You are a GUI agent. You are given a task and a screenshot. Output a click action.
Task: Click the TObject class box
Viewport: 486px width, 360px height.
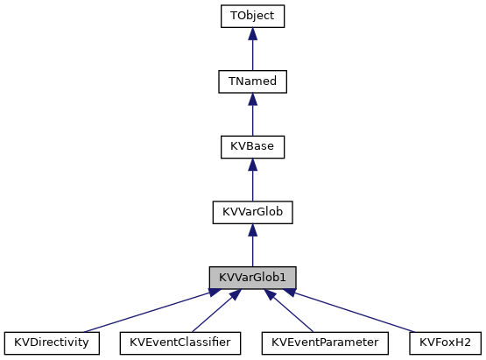coord(252,16)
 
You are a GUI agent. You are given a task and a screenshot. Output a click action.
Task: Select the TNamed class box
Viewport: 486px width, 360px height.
coord(252,81)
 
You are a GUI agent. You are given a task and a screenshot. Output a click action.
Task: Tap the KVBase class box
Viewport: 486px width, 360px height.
coord(252,146)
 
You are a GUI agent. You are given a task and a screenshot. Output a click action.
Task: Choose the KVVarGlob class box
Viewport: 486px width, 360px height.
coord(252,212)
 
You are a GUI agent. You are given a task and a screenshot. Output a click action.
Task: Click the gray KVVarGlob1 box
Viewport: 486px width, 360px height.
coord(252,277)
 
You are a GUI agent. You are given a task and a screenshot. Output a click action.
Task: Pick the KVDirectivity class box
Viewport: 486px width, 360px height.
coord(52,342)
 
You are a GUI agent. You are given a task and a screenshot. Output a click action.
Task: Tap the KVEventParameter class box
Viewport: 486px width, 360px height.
coord(325,342)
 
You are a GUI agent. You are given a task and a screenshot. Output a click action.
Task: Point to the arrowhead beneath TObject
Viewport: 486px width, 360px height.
coord(252,33)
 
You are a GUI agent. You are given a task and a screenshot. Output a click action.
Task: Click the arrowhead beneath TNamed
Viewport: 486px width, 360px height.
coord(252,99)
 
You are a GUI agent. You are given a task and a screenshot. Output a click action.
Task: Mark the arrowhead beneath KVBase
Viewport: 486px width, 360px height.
coord(252,164)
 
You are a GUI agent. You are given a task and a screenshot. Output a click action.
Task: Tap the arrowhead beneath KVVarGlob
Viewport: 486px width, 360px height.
coord(252,229)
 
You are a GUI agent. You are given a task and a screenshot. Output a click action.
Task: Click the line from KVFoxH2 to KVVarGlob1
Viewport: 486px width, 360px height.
coord(368,313)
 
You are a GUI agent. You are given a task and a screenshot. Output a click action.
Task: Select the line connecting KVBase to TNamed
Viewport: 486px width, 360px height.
coord(252,121)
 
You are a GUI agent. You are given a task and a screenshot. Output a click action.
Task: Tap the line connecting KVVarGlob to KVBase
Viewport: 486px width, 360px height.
coord(252,187)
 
